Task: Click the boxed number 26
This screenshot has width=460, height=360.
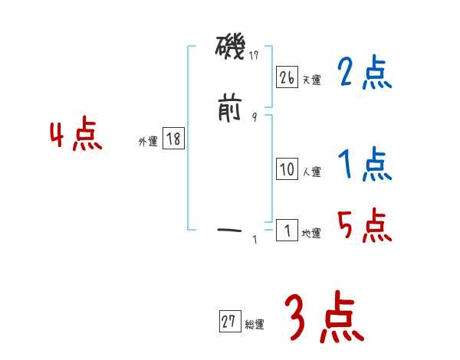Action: pos(287,77)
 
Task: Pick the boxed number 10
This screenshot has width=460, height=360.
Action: pos(287,170)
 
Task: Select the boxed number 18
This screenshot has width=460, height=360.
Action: pos(173,139)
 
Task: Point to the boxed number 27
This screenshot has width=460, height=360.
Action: pos(229,322)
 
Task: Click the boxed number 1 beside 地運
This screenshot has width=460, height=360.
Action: pos(287,231)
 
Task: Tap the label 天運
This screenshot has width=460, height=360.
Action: pos(312,80)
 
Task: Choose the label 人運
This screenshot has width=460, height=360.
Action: pos(312,172)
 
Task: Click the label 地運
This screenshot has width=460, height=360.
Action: pos(312,233)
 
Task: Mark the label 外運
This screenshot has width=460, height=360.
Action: pos(148,141)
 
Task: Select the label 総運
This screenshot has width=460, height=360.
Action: pos(255,325)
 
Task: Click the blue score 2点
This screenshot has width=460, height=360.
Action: pos(364,74)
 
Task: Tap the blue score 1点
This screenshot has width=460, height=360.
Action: pos(364,164)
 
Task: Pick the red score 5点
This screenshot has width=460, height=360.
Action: pos(364,225)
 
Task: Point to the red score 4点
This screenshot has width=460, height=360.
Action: pos(76,136)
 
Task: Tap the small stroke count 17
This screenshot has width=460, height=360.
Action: pos(254,55)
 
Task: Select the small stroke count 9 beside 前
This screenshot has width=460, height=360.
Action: pos(255,116)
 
